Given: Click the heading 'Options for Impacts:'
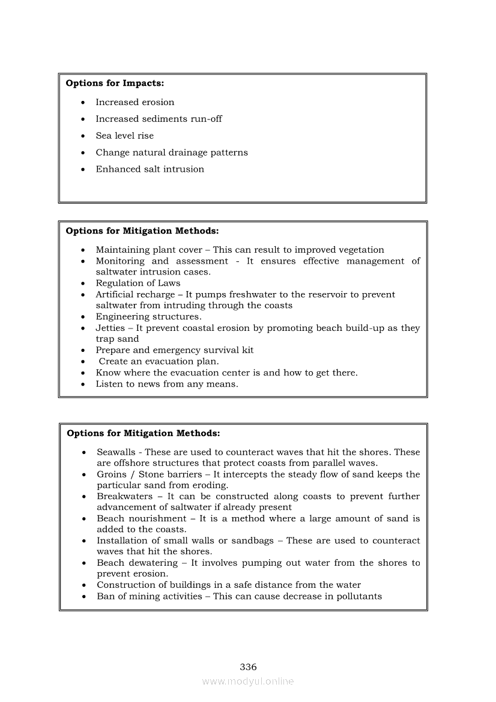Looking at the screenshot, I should (115, 83).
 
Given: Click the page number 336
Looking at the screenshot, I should (248, 667).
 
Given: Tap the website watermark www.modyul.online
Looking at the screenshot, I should (248, 681).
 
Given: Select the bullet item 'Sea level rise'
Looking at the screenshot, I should (124, 136).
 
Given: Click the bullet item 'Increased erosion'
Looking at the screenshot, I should (135, 102).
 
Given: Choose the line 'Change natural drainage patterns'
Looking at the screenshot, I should (172, 153).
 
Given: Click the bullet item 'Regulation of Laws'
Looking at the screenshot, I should (138, 283).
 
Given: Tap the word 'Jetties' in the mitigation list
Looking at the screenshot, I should (110, 328).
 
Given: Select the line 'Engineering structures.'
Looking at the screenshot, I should (149, 316).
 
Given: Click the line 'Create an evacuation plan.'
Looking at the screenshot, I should (159, 362).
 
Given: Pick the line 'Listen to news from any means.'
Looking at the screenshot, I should (167, 384).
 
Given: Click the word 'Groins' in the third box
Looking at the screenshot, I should (112, 474).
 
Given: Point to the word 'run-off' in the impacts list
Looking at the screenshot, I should (205, 119).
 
